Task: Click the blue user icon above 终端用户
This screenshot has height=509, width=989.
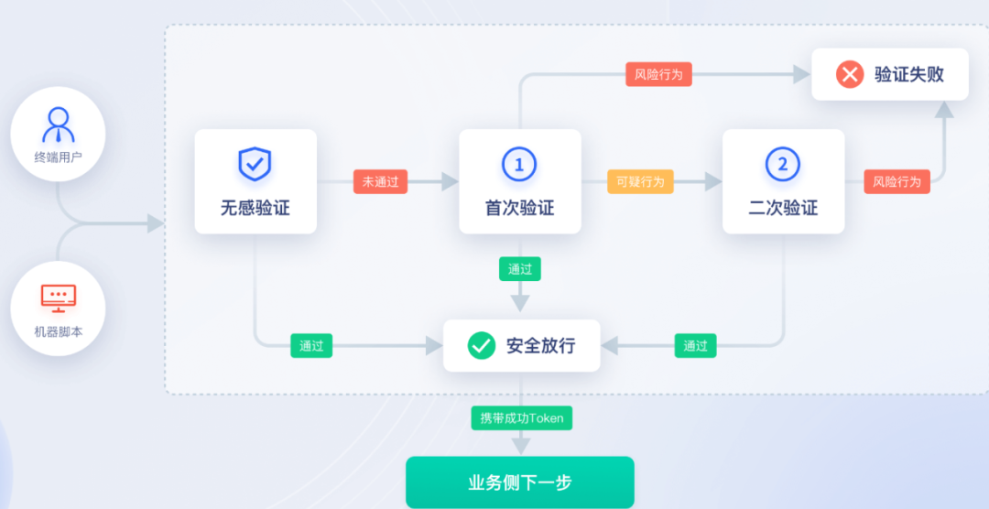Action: (59, 124)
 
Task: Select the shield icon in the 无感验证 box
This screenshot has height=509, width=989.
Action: (255, 164)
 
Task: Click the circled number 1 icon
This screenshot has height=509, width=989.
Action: (519, 165)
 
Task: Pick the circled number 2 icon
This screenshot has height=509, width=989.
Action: (782, 165)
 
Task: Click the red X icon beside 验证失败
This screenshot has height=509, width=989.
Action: (850, 74)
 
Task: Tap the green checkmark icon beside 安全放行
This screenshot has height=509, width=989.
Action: (482, 345)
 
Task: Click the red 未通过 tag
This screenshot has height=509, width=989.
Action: (380, 181)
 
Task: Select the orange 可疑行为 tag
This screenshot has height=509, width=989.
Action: (640, 181)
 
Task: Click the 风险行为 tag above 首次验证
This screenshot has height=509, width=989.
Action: (658, 74)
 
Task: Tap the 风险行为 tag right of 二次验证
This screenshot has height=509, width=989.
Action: (897, 181)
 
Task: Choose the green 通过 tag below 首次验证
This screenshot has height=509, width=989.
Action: (520, 269)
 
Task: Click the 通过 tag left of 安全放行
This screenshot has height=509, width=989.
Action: (311, 345)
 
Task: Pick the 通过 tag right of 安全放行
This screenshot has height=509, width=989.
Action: (695, 345)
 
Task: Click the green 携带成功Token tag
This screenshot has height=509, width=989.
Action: (522, 418)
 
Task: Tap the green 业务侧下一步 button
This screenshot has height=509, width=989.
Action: (520, 482)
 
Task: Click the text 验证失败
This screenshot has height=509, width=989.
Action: (908, 74)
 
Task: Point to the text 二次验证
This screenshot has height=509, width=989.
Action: (783, 208)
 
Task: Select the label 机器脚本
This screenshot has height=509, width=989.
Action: (59, 331)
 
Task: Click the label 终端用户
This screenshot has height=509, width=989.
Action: (59, 157)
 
